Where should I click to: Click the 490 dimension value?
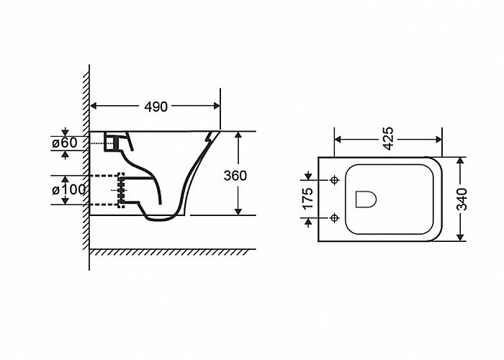click(x=156, y=107)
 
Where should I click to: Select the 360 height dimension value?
click(x=235, y=176)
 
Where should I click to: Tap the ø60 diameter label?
click(x=65, y=143)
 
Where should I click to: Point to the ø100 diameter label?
click(x=69, y=189)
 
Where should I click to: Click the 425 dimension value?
click(x=388, y=138)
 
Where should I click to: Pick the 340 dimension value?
click(x=462, y=199)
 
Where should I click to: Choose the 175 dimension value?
click(x=307, y=198)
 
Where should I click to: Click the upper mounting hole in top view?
click(x=335, y=180)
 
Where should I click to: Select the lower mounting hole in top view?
click(x=335, y=218)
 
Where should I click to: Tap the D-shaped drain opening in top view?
click(x=366, y=199)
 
